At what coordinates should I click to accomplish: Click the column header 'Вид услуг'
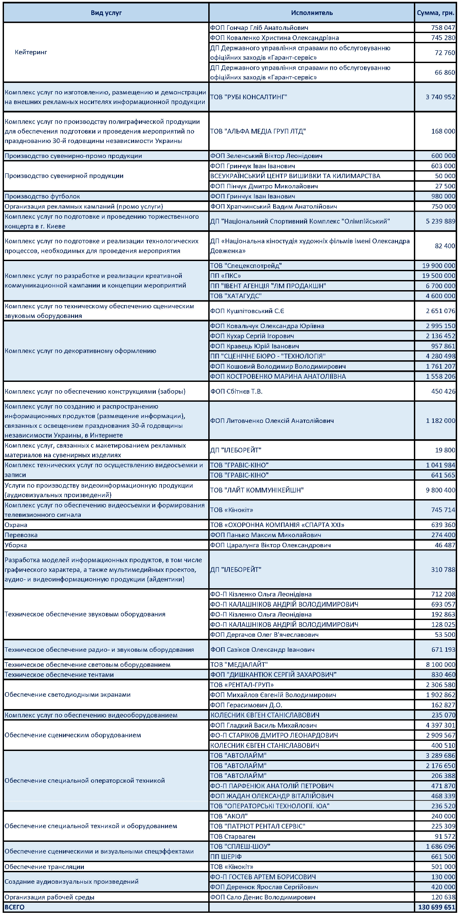coord(106,13)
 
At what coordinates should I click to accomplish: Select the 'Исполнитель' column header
coord(312,13)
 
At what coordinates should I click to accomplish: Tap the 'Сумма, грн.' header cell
coord(435,13)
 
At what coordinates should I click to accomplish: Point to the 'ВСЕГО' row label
coord(15,907)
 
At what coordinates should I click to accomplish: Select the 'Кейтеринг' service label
coord(31,52)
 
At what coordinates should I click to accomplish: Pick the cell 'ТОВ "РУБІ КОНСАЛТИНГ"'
coord(248,97)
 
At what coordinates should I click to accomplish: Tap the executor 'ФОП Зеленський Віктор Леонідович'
coord(266,156)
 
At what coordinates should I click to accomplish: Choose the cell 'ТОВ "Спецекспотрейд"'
coord(246,265)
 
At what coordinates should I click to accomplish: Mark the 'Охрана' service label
coord(16,525)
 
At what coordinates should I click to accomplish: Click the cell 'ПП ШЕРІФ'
coord(226,856)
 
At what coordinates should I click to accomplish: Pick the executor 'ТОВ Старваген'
coord(233,837)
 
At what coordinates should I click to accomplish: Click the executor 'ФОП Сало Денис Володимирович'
coord(263,897)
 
